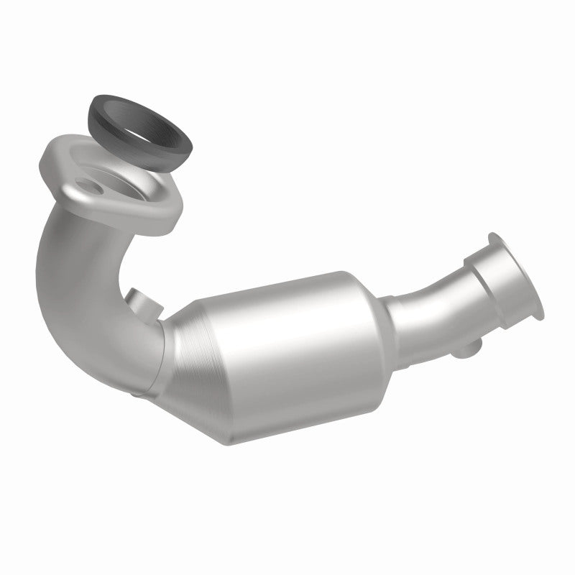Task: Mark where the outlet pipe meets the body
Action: point(392,316)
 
